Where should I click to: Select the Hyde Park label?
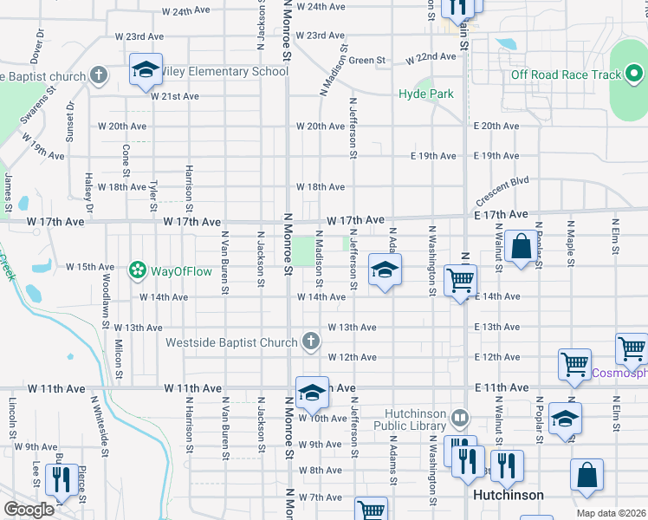(x=426, y=94)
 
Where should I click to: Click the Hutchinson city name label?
(x=509, y=495)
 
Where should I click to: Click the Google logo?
(x=29, y=510)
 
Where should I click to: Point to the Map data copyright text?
(x=612, y=513)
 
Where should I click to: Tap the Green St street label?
(x=367, y=61)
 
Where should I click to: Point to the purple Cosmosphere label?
(x=619, y=374)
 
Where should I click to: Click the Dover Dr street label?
(x=36, y=50)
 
